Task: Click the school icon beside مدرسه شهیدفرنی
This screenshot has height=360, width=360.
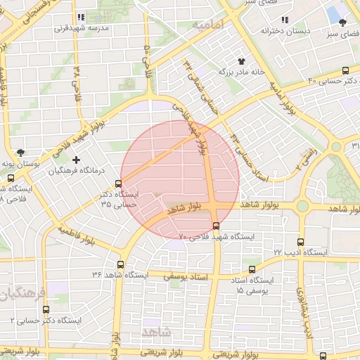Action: (81, 17)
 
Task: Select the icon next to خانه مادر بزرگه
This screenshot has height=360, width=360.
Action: (242, 62)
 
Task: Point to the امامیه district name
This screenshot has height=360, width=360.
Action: (207, 25)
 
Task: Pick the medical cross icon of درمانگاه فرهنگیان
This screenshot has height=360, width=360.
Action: (77, 160)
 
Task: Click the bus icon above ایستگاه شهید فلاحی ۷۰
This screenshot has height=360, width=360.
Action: (216, 226)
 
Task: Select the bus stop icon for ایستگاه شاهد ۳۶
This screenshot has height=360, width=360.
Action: (120, 265)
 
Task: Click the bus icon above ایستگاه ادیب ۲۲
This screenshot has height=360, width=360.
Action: (300, 241)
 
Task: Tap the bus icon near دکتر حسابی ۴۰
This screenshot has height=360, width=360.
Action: (345, 70)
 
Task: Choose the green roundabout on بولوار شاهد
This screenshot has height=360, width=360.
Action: (302, 205)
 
